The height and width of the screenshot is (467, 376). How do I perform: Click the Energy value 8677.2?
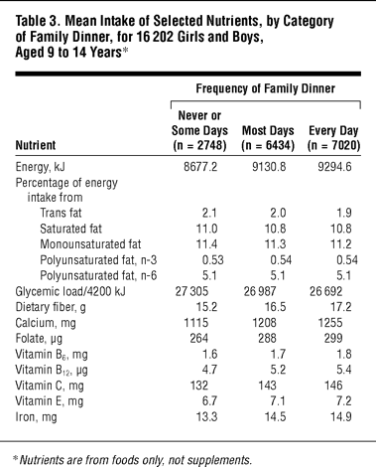tap(200, 167)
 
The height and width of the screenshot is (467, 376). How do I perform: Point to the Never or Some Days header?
tap(199, 130)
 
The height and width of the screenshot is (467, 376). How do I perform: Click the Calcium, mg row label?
tap(46, 323)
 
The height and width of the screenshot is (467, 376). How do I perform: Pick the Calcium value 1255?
tap(330, 323)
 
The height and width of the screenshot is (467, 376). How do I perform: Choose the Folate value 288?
tap(267, 338)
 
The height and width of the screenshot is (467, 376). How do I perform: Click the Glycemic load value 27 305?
tap(191, 291)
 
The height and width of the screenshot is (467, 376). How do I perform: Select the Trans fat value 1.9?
tap(343, 213)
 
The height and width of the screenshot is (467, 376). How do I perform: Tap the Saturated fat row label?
tap(70, 229)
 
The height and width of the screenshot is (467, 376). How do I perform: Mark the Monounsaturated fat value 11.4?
tap(206, 244)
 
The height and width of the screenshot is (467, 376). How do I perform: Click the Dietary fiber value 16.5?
tap(275, 307)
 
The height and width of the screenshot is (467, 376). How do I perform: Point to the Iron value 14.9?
tap(341, 416)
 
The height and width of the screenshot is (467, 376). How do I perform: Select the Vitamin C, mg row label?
tap(50, 386)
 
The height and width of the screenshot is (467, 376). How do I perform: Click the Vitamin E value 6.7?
tap(209, 401)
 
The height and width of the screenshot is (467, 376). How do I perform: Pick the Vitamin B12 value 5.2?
tap(278, 370)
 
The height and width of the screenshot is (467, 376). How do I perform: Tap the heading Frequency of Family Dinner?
tap(266, 88)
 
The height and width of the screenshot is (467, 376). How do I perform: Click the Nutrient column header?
tap(36, 145)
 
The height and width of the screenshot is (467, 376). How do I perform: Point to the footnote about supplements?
tap(132, 460)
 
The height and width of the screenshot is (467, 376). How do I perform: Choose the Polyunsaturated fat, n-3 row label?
tap(98, 260)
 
